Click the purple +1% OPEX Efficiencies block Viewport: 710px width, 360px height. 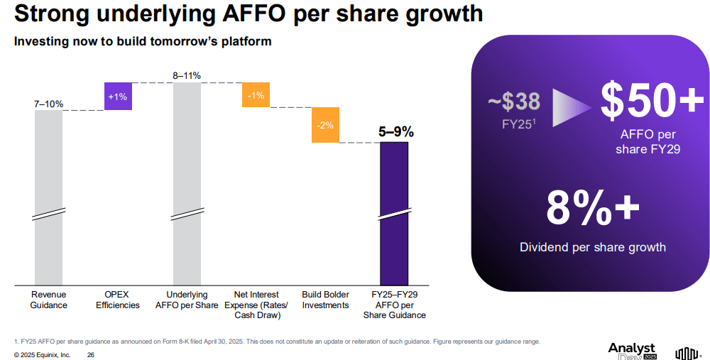[x=118, y=97]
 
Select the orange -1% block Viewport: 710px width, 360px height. [x=256, y=95]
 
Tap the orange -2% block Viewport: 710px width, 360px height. [x=325, y=125]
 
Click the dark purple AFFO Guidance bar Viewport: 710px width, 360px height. [x=394, y=213]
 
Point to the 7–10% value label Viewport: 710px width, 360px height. [x=48, y=104]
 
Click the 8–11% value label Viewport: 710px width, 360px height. [x=187, y=75]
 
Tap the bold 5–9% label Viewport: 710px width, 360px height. [x=395, y=132]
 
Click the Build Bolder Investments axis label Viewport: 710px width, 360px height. [x=325, y=300]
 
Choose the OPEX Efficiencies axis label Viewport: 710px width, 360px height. [x=117, y=300]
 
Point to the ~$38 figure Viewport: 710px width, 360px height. [x=515, y=102]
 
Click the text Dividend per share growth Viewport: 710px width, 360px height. [x=593, y=247]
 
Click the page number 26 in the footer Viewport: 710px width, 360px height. [x=90, y=354]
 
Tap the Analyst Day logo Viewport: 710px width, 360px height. [x=632, y=351]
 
